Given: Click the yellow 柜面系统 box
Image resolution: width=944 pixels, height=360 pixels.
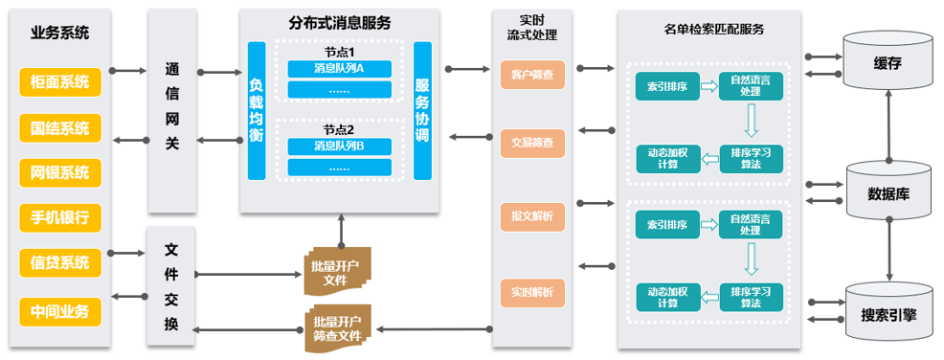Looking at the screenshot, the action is point(60,82).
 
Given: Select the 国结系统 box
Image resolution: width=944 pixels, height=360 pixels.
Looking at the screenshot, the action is point(60,128).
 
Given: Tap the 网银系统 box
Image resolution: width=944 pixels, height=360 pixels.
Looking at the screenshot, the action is point(60,172).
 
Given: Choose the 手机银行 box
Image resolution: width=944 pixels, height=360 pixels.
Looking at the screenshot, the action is point(60,217).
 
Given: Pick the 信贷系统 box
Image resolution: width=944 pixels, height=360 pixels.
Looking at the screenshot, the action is point(60,262).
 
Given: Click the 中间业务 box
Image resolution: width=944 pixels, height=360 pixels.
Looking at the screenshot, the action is point(60,312).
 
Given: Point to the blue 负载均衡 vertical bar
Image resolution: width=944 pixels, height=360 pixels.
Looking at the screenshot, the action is point(257,111).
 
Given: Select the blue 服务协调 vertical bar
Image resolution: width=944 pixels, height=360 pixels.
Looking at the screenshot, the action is point(422,111).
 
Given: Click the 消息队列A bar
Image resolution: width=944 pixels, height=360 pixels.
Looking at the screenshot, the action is point(340,69).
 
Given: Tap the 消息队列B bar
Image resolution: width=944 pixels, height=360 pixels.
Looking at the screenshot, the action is point(340,146).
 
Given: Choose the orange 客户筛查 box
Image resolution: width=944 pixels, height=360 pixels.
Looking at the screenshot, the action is point(533,76).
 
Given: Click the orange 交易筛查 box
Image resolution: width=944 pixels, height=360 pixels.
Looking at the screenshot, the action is point(533,144).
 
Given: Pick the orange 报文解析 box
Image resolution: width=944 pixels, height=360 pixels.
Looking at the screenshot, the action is point(533,216).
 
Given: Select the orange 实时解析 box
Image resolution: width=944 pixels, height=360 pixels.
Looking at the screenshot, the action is point(533,292).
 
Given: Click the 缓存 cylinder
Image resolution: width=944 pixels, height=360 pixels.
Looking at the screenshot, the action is point(888,61).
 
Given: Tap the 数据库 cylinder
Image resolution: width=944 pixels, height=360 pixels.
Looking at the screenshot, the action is point(888,191).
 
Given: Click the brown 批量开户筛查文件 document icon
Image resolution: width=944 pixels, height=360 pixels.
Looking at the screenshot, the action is point(337,328).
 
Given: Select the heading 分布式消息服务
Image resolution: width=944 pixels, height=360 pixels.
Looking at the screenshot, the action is point(340,23).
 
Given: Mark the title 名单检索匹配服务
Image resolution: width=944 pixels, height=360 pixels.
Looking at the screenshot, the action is point(708,29).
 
